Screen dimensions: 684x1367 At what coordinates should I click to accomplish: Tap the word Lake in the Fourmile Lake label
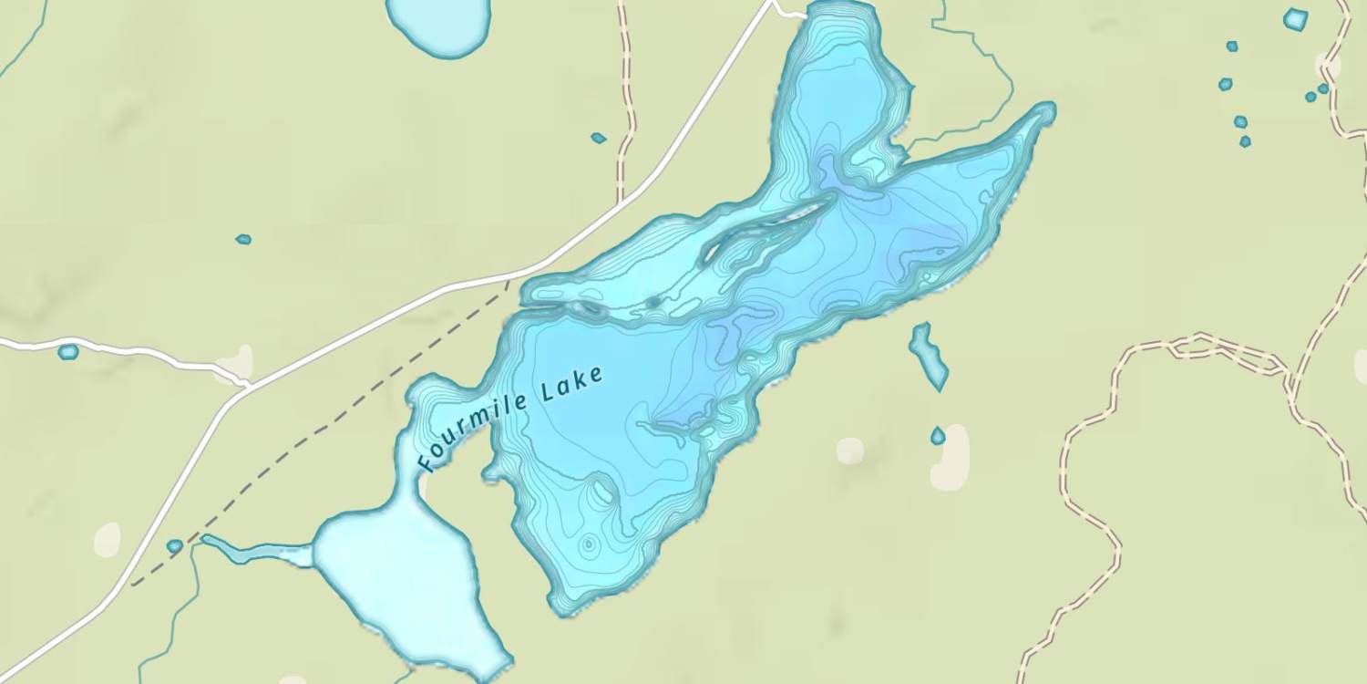[571, 384]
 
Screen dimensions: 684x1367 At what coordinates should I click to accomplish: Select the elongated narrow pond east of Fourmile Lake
[929, 352]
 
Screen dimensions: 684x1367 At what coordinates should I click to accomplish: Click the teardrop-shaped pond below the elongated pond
[938, 436]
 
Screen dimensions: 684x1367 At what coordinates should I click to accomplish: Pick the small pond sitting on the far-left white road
[67, 351]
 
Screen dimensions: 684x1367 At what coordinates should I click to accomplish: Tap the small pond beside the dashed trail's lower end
[174, 546]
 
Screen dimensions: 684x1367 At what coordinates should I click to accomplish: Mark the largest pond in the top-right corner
[1295, 18]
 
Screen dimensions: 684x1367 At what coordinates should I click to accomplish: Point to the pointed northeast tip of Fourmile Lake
[1050, 109]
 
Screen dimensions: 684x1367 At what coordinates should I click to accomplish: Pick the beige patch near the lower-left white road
[107, 539]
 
